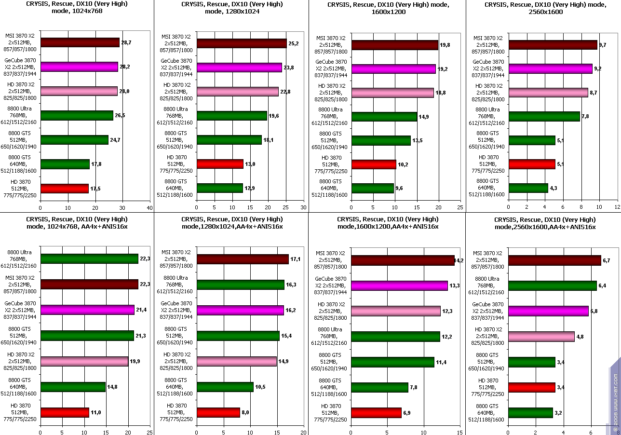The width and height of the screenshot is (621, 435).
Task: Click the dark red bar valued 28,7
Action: (x=80, y=42)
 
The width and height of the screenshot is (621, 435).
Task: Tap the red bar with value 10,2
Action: (x=374, y=164)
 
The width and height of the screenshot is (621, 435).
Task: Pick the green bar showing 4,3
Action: (x=528, y=188)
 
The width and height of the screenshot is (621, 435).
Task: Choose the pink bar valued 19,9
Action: (x=84, y=361)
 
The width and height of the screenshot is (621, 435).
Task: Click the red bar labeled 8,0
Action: (x=218, y=412)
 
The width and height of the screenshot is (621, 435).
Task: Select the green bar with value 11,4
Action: (x=392, y=362)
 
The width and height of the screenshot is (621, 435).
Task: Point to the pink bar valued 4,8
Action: (x=541, y=336)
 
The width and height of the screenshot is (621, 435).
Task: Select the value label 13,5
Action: (x=417, y=140)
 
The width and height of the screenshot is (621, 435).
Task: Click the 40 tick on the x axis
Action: (x=149, y=208)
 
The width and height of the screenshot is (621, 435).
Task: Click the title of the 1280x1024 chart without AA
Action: (x=231, y=8)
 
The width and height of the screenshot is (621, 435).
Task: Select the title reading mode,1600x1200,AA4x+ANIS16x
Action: (x=387, y=223)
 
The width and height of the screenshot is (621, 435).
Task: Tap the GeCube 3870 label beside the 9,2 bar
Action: (x=488, y=68)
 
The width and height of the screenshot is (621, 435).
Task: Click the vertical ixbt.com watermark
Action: (x=615, y=395)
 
